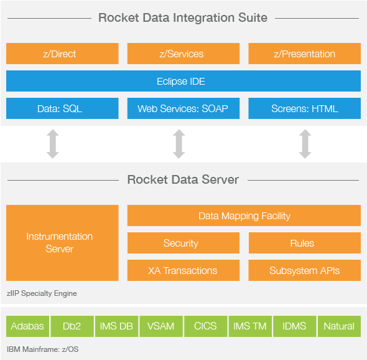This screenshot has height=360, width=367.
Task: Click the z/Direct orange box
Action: [x=62, y=54]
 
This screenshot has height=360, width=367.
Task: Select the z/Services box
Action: [x=183, y=54]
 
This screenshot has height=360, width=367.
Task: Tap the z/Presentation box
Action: [x=305, y=54]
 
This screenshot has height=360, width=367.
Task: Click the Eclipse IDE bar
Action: [x=183, y=81]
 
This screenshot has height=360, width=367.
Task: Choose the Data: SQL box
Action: [x=62, y=108]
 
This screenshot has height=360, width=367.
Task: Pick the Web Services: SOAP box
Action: [x=183, y=108]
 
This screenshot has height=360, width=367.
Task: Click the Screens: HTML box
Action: [x=305, y=108]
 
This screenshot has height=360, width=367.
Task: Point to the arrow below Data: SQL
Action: [x=53, y=144]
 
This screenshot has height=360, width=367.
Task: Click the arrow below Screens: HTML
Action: [x=305, y=144]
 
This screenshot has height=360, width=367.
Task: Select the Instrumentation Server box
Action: [x=62, y=243]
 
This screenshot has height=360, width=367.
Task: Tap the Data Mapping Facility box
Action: [x=244, y=216]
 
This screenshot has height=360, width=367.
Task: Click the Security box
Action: [x=183, y=243]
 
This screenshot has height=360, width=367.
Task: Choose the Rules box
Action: [x=305, y=243]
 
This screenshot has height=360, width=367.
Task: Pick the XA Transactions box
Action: [x=183, y=270]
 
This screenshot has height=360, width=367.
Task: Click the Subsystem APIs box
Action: [x=305, y=270]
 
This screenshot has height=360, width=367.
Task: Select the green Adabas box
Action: [x=27, y=326]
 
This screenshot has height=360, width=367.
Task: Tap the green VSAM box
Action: [x=161, y=326]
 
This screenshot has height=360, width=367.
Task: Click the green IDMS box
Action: [x=294, y=326]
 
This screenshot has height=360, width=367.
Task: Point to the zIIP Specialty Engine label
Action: [x=42, y=293]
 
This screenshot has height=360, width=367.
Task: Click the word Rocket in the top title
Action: [x=119, y=18]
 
